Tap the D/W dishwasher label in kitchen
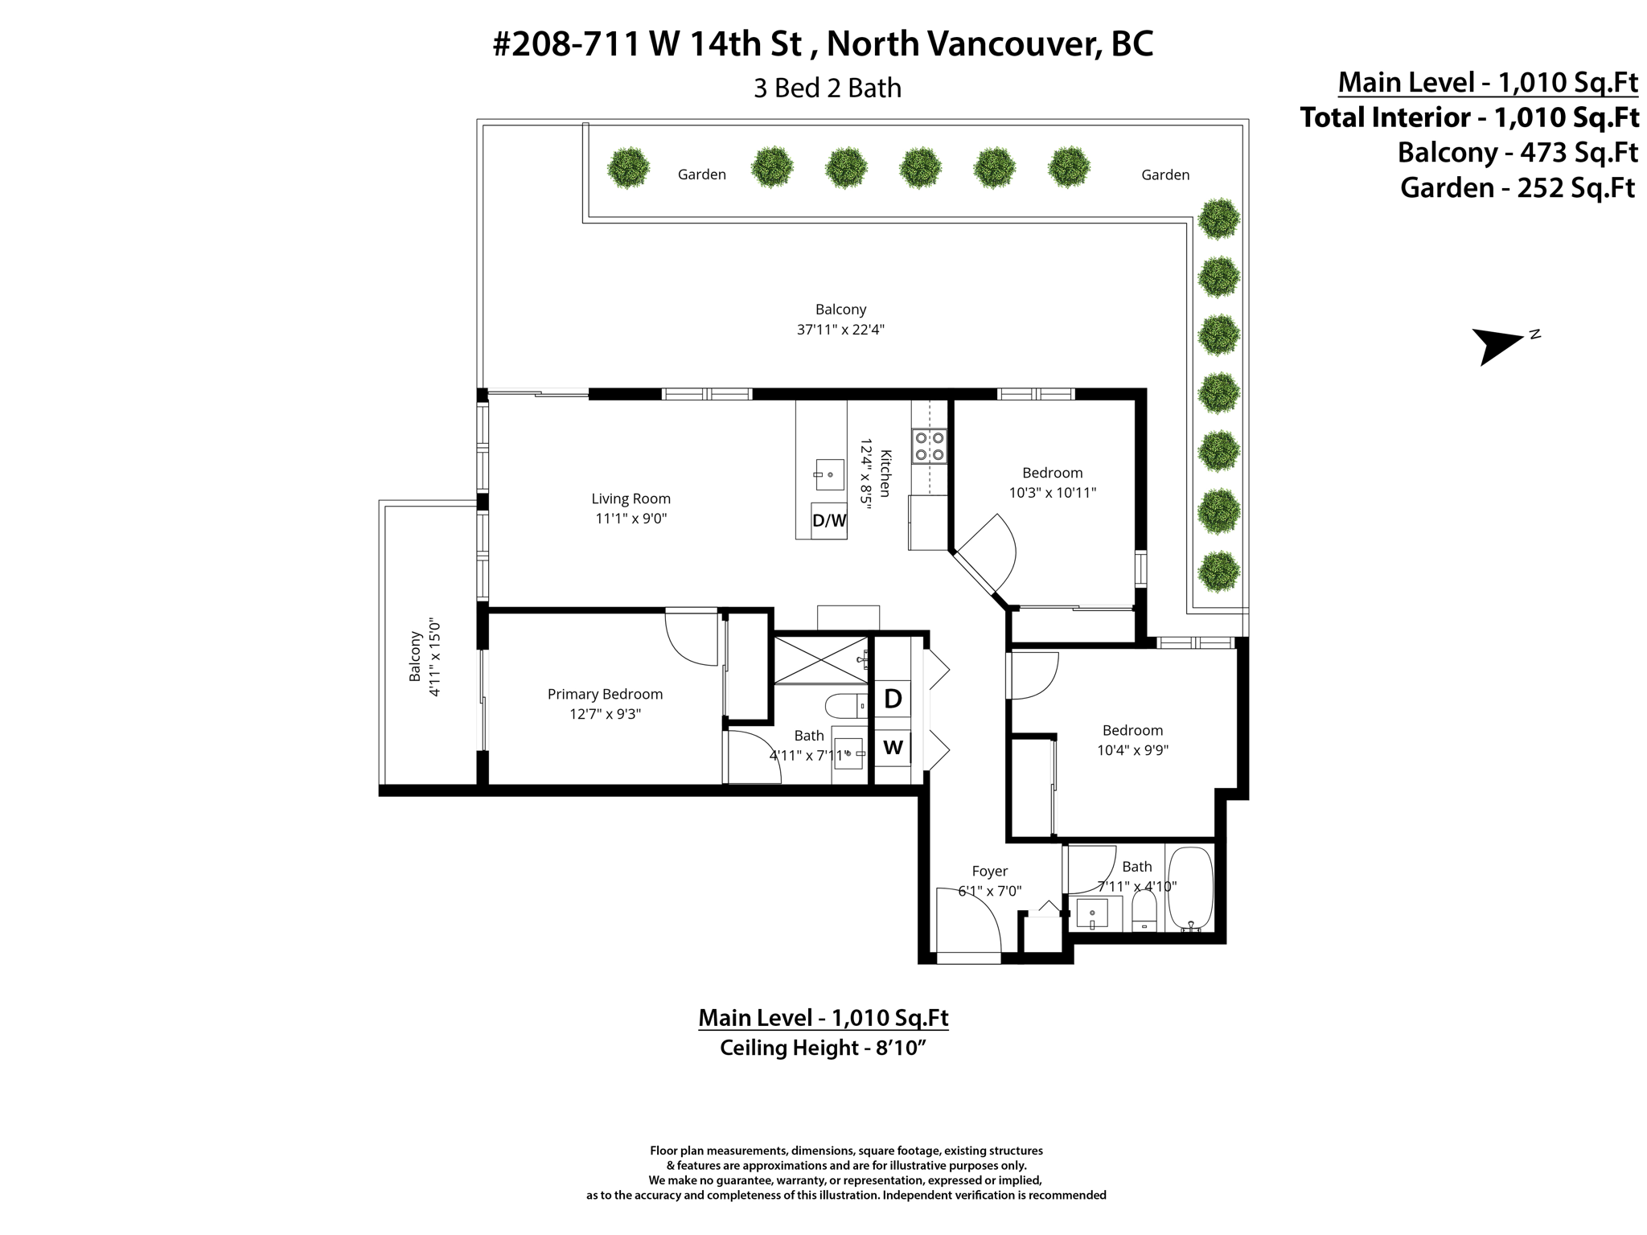829,520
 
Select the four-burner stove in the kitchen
929,446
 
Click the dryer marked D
893,699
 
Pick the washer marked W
893,748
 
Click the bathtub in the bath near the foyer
1189,888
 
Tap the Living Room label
630,499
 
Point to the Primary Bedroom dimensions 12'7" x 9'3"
605,714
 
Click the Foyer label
989,871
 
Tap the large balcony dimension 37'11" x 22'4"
840,330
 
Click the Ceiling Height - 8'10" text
823,1048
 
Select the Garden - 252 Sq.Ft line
1517,188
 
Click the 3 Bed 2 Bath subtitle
827,88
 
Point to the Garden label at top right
1164,174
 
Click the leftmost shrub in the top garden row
628,168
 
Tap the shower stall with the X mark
820,660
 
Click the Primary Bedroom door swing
692,637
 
